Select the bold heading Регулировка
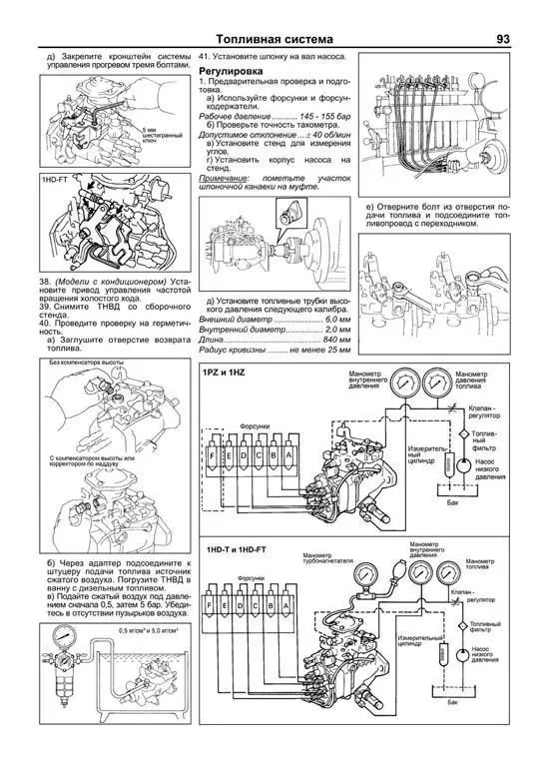tap(232, 73)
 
